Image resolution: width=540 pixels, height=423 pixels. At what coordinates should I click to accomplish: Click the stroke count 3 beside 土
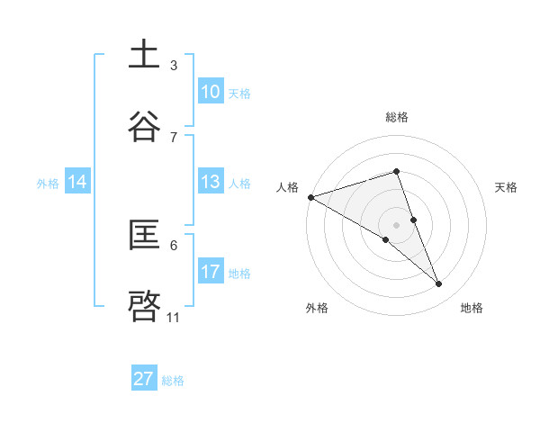click(x=174, y=66)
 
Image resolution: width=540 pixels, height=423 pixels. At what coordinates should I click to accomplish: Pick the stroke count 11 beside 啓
click(x=174, y=318)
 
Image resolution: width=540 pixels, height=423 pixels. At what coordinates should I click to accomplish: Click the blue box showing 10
click(x=210, y=92)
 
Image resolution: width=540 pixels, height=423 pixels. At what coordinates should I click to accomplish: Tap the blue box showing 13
click(x=210, y=182)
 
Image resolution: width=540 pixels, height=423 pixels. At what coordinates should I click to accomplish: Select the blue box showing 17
click(x=210, y=272)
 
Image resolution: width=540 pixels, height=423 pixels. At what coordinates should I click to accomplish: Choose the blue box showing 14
click(x=77, y=182)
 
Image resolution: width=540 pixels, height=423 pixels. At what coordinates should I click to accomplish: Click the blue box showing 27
click(x=144, y=379)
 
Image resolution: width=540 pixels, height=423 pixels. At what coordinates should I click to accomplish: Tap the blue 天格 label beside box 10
click(x=239, y=93)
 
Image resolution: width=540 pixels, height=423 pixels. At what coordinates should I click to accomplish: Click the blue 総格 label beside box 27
click(x=173, y=380)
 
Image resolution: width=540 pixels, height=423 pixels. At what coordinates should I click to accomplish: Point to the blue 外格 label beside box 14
click(x=48, y=183)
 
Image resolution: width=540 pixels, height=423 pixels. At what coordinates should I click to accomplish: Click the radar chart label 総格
click(x=397, y=117)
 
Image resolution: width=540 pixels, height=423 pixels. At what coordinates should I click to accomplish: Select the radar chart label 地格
click(x=472, y=309)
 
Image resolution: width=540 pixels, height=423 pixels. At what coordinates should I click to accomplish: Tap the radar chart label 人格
click(x=287, y=187)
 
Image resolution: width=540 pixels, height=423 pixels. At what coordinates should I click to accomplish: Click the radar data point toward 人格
click(x=310, y=197)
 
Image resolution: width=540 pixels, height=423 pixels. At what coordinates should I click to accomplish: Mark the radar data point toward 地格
click(x=439, y=284)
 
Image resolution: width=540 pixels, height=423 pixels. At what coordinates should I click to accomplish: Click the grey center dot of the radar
click(x=397, y=224)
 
